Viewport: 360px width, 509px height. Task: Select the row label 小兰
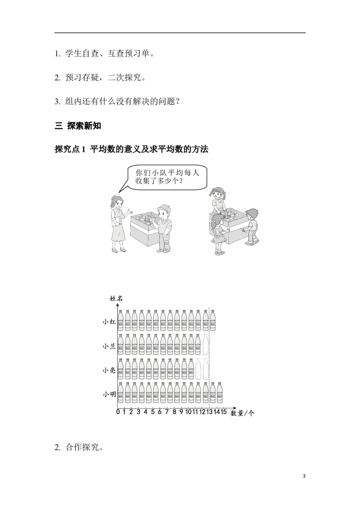tap(109, 346)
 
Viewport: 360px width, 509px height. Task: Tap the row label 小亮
tap(109, 370)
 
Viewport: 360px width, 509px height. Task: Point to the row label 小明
tap(109, 394)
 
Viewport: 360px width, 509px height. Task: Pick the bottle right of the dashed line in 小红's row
tap(212, 320)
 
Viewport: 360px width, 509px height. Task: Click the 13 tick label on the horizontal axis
tap(209, 412)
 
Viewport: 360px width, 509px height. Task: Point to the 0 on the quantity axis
tap(117, 412)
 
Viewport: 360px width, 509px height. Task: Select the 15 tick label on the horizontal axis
tap(224, 412)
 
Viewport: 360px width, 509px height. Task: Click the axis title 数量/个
tap(243, 413)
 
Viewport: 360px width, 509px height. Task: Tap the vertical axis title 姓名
tap(116, 299)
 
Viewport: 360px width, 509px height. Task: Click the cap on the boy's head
tap(164, 207)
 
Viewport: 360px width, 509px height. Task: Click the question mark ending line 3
tap(177, 102)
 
